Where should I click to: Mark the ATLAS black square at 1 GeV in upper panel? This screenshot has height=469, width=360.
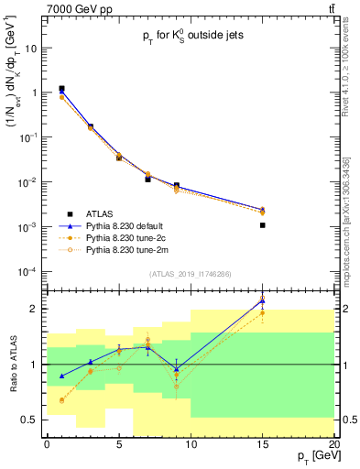[x=61, y=90]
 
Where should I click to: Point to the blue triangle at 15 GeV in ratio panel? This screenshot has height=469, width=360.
[x=263, y=300]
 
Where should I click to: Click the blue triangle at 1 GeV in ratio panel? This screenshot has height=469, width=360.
[x=61, y=376]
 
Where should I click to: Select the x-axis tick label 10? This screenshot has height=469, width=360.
[x=191, y=444]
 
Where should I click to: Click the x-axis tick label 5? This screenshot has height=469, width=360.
[x=119, y=444]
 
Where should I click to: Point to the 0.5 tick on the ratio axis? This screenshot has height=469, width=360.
[x=32, y=420]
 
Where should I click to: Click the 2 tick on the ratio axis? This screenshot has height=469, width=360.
[x=36, y=309]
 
